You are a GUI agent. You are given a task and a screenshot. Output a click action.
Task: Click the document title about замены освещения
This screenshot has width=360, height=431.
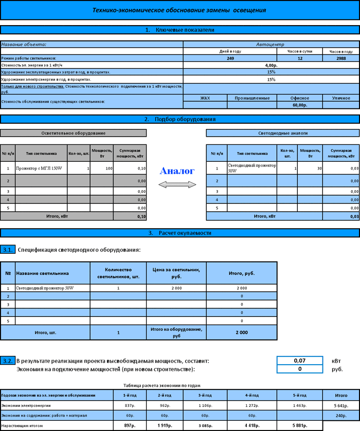[179, 10]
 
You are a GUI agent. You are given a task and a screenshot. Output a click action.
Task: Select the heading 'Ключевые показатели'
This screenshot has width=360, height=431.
[179, 30]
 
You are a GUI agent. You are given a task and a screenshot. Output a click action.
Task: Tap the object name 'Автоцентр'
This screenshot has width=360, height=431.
[270, 45]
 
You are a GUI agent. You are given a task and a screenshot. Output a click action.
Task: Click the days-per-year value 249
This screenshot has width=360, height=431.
[230, 59]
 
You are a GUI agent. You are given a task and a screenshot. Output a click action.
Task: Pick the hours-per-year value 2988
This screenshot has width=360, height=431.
[340, 59]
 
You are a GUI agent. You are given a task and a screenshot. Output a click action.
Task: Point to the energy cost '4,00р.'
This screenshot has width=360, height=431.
[271, 65]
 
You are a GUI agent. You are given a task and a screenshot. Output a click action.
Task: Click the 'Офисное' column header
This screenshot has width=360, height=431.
[299, 98]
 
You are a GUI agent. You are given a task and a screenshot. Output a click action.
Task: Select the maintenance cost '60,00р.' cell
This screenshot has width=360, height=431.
[299, 105]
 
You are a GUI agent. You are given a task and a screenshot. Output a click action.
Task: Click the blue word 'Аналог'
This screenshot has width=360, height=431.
[177, 171]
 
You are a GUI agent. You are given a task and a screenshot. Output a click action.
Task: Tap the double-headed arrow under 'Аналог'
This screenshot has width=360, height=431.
[177, 183]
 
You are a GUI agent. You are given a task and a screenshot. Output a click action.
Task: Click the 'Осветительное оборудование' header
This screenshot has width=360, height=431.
[73, 133]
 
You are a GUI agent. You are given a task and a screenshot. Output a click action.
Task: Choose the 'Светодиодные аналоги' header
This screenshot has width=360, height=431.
[282, 133]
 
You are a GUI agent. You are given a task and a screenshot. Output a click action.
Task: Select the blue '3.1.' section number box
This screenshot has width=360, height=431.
[8, 250]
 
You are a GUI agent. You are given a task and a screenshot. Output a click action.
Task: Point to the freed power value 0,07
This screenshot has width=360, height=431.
[299, 361]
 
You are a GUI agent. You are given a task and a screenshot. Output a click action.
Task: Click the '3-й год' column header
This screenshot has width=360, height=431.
[205, 395]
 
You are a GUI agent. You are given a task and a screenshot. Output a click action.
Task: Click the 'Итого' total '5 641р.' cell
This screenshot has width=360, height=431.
[340, 405]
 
